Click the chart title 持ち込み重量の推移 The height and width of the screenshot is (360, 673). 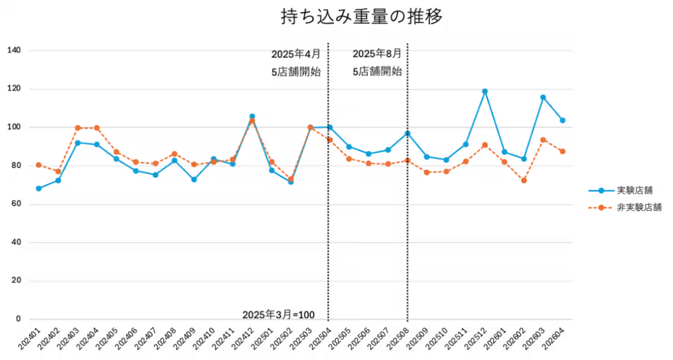(361, 16)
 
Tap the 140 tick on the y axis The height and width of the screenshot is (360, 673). (14, 50)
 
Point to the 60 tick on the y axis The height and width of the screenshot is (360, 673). (16, 204)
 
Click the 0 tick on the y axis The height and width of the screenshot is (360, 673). (19, 319)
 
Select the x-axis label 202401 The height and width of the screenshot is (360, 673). (29, 339)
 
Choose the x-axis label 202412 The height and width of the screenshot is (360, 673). (243, 339)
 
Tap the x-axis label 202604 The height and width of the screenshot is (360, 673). (553, 339)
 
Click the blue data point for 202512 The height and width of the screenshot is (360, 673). (485, 91)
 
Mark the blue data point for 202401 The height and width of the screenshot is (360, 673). (39, 188)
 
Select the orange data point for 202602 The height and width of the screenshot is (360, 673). (524, 181)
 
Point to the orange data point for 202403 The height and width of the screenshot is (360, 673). (77, 128)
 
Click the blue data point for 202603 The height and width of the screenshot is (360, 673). (543, 98)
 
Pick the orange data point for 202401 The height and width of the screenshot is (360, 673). (39, 165)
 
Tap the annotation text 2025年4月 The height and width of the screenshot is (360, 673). (296, 54)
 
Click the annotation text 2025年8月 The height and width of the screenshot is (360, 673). (377, 54)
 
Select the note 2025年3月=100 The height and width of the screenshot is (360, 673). (279, 315)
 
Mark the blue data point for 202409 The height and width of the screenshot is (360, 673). (194, 179)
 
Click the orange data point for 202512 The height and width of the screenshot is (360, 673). (485, 145)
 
